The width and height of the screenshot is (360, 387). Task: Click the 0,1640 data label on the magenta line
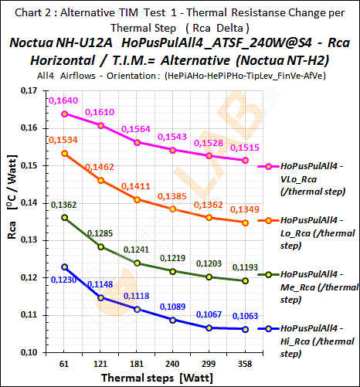pyautogui.click(x=63, y=101)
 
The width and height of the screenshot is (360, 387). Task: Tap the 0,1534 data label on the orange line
pyautogui.click(x=63, y=140)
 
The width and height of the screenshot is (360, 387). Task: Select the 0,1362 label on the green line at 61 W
pyautogui.click(x=63, y=205)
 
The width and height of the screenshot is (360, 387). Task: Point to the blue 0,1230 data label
pyautogui.click(x=63, y=280)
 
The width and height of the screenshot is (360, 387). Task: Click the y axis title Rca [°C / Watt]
pyautogui.click(x=11, y=224)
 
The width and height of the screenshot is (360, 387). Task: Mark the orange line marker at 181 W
pyautogui.click(x=138, y=199)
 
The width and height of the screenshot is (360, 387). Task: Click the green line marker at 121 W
pyautogui.click(x=100, y=246)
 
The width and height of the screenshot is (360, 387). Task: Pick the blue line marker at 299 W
pyautogui.click(x=209, y=328)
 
